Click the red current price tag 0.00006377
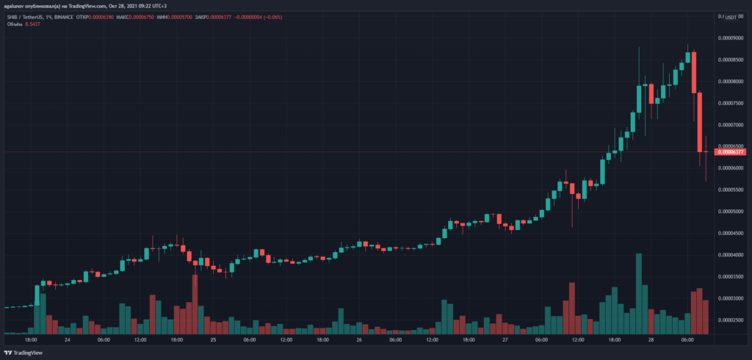[x=731, y=151]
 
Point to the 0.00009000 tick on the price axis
[x=731, y=37]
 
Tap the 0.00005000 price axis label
[x=731, y=212]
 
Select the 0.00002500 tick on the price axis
[x=731, y=320]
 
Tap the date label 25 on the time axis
[x=213, y=340]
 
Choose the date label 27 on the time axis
[x=505, y=340]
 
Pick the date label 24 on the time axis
[x=67, y=340]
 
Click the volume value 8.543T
[x=32, y=24]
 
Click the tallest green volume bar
[x=639, y=293]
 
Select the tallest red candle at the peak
[x=693, y=73]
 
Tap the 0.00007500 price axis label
[x=731, y=103]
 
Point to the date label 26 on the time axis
[x=359, y=340]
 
